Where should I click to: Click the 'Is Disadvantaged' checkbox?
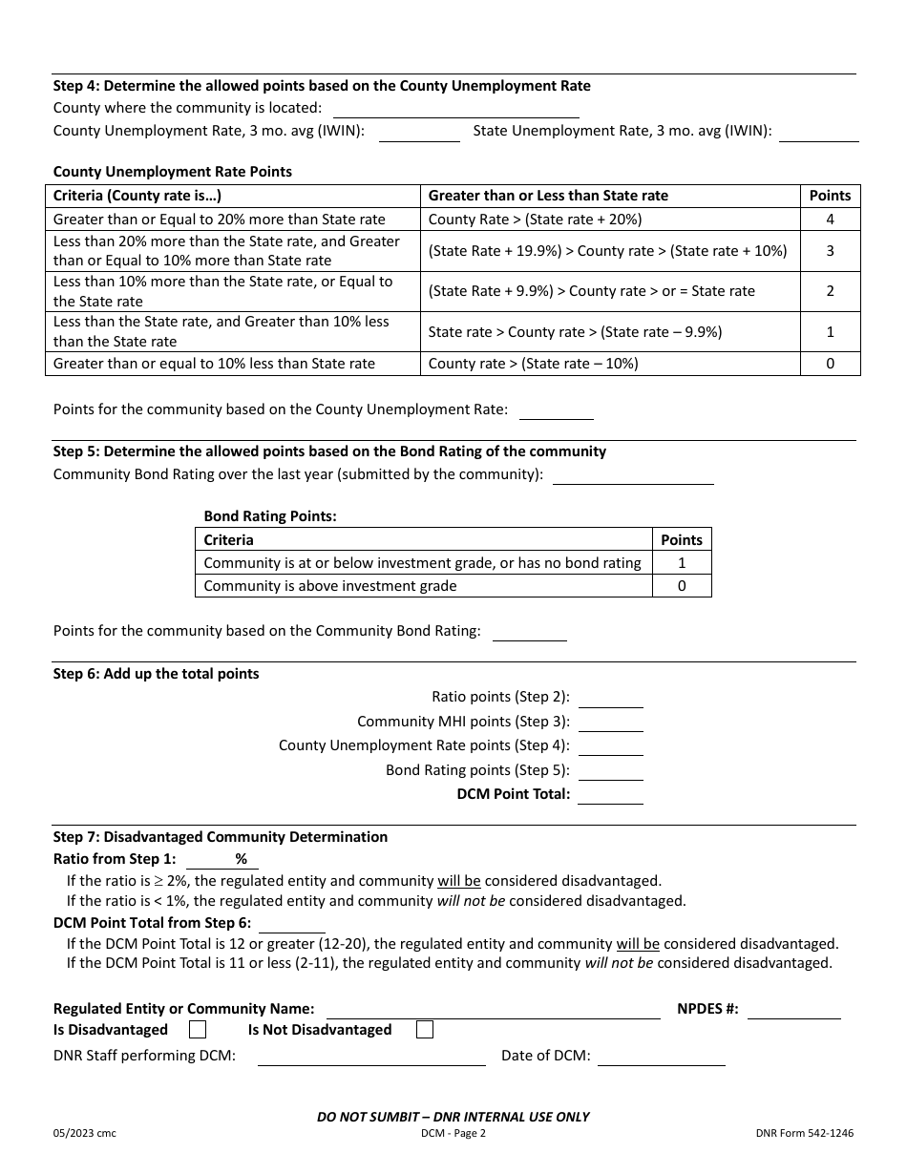[x=198, y=1030]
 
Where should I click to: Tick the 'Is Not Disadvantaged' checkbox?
[x=425, y=1030]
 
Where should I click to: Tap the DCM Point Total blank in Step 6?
[x=610, y=795]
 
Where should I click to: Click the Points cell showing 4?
[x=830, y=220]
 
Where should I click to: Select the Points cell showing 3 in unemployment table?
[x=830, y=251]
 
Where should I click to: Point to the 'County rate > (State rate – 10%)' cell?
[x=533, y=364]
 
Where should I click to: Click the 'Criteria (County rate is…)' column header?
[x=137, y=196]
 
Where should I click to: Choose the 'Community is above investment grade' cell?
[x=330, y=586]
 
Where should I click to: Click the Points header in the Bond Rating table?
[x=682, y=539]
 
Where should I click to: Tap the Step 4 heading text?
[x=322, y=86]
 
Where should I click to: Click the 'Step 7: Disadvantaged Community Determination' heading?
[x=221, y=837]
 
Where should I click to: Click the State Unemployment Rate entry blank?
[x=818, y=133]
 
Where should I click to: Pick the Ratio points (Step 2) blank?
[x=610, y=699]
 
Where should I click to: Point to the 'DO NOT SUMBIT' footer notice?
[x=453, y=1117]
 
